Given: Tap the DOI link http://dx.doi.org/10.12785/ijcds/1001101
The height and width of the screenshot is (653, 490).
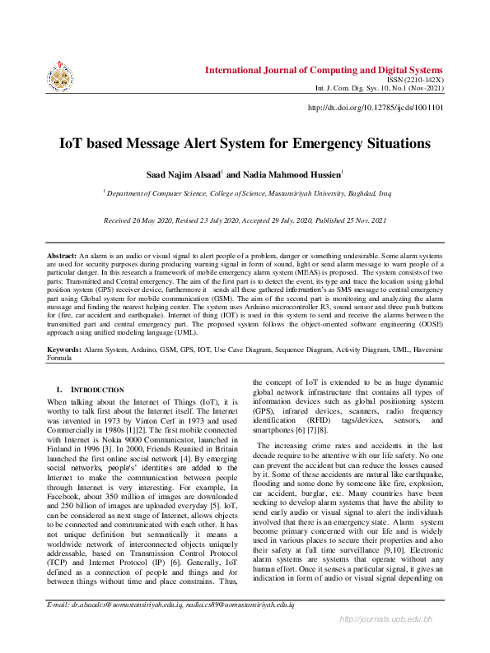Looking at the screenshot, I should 376,107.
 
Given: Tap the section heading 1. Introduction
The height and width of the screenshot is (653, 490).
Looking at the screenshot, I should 90,389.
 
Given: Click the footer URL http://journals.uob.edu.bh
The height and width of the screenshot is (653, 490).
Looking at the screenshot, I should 398,641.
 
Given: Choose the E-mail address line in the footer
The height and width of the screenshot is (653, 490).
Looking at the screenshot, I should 172,628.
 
